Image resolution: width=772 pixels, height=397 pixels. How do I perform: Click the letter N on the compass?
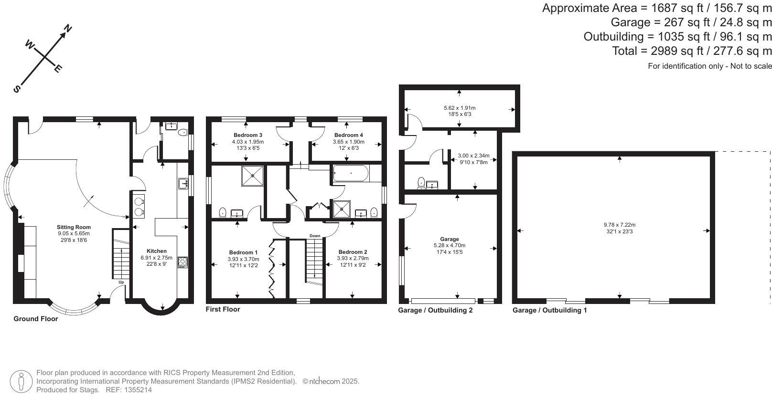coord(67,29)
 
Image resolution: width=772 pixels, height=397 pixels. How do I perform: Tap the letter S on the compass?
coord(17,89)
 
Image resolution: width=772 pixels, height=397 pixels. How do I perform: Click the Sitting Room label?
coord(74,227)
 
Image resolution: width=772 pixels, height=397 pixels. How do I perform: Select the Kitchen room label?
coord(157,251)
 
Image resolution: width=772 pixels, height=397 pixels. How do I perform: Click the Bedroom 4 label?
coord(348,135)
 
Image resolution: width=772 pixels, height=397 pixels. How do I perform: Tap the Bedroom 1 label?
coord(243,252)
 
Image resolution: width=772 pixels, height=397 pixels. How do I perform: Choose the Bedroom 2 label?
coord(353,252)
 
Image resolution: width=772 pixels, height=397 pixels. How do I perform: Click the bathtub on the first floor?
coord(351,174)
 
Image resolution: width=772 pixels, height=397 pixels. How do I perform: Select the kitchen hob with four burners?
coord(182,262)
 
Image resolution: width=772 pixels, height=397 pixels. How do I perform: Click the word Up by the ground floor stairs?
coord(121,282)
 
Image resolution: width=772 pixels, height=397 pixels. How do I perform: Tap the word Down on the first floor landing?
coord(315,236)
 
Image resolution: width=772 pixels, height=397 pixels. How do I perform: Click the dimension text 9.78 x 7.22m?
coord(619,225)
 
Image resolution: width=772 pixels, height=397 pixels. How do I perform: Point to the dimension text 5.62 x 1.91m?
coord(460,108)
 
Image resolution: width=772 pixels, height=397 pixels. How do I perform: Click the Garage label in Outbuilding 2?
coord(449,239)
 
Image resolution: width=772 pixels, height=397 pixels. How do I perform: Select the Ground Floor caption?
coord(36,319)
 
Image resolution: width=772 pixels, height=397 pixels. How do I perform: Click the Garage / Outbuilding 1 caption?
coord(549,310)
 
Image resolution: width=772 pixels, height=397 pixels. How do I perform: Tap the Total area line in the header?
coord(692,51)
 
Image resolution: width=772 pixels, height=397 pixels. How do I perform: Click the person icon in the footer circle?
coord(21,381)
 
